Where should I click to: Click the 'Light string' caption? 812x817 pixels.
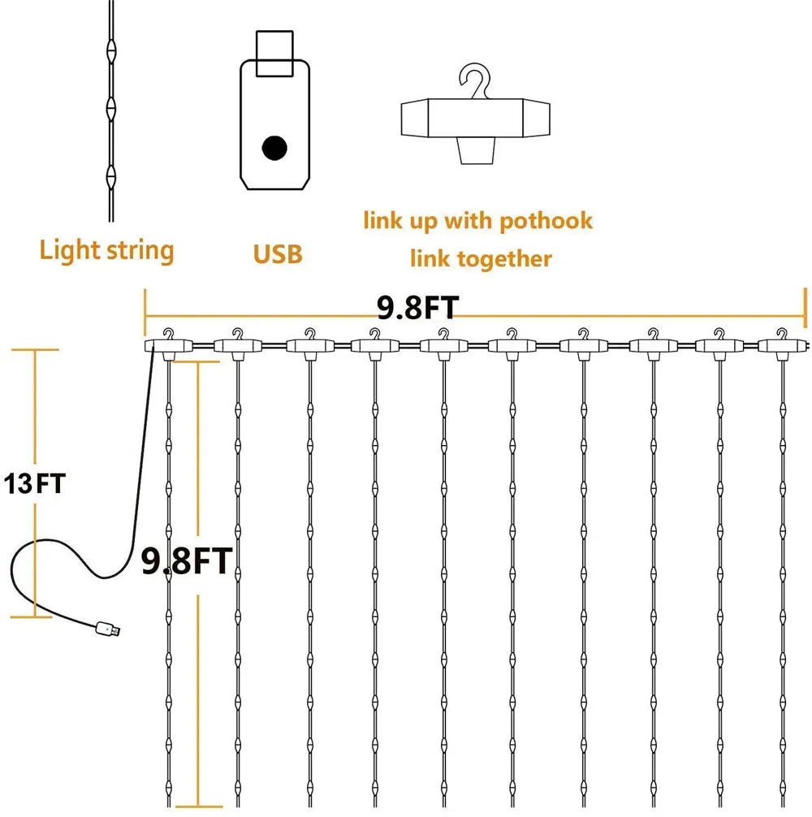106,250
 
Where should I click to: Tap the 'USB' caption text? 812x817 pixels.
277,253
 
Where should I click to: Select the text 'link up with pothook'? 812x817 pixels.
477,220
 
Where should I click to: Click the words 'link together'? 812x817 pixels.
481,258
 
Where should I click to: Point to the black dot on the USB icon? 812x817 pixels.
274,148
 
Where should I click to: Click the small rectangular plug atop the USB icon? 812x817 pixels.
274,54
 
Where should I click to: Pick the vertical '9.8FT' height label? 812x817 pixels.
188,560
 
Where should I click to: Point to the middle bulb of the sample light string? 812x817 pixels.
110,106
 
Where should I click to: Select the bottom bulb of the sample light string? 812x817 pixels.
110,175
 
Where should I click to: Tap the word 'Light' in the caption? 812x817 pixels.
67,250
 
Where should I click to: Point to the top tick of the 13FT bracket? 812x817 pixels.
34,350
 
